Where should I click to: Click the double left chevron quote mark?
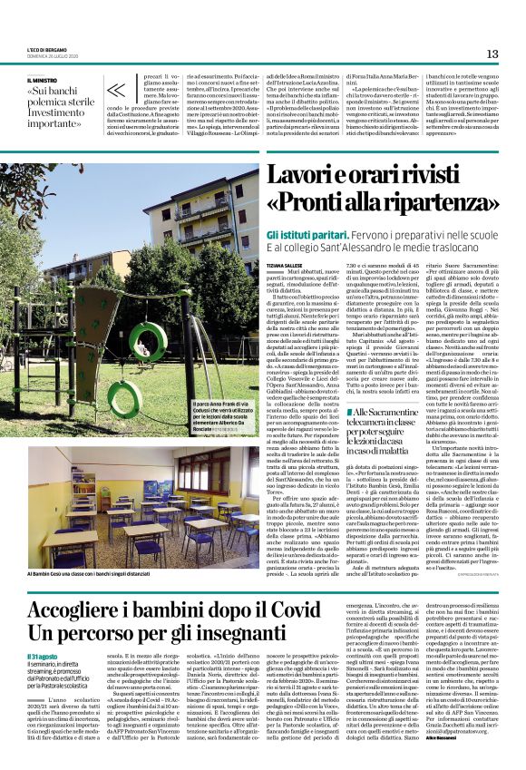(x=117, y=90)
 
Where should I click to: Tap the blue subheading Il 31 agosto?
(x=42, y=657)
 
